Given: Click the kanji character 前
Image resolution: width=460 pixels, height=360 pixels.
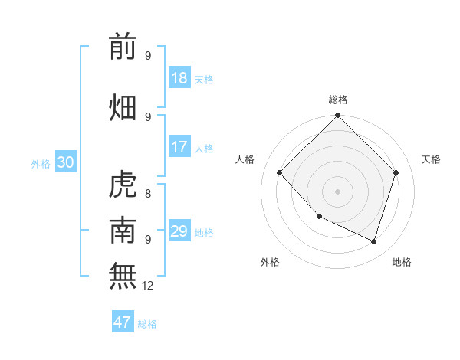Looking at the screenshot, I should pos(123,47).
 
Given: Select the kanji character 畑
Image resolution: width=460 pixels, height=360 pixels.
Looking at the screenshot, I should pos(123,108).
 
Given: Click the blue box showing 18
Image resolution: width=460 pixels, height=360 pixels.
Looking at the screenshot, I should pos(179,78).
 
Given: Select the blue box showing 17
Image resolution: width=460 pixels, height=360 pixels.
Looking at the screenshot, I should pos(179,147).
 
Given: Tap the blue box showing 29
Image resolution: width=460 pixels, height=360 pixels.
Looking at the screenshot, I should pos(179,231).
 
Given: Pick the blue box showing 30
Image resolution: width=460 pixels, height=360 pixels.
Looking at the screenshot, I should pos(65,162).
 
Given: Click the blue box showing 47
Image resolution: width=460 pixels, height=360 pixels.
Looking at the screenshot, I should pos(123,322).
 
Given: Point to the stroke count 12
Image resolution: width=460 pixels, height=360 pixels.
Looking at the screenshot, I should pos(148,286).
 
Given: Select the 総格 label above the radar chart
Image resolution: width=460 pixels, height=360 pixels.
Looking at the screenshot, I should pos(338,100).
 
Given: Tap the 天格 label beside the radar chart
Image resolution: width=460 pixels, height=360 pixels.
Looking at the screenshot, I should pos(431,159).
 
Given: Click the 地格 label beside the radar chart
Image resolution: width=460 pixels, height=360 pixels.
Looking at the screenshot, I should pos(402,263).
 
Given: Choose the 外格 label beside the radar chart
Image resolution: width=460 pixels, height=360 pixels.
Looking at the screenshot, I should pos(271,263).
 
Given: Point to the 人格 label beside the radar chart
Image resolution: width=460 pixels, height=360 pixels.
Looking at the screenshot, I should pos(245,159).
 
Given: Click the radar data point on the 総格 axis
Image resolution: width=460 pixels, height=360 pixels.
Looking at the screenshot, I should pos(338,116).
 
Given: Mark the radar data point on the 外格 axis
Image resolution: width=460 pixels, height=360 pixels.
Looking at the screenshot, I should pos(320,217).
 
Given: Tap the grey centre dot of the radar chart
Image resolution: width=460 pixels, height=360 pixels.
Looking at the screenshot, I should pos(338,191).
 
